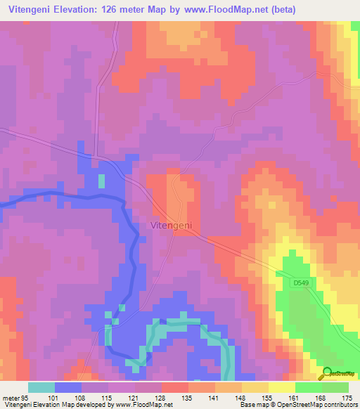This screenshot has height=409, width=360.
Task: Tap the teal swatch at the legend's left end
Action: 41,387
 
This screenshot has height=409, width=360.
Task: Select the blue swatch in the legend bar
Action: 68,387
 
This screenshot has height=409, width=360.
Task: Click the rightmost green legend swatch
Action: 335,387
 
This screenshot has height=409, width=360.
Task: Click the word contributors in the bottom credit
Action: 340,405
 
